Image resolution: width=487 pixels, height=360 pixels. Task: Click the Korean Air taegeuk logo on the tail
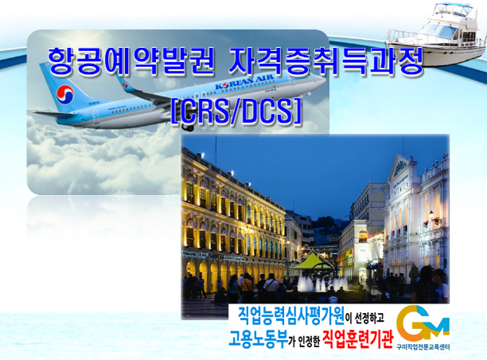coord(65,95)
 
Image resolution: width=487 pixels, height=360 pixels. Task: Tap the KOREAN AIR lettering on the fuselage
coord(245,82)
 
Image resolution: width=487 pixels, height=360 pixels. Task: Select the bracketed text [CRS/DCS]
coord(236,112)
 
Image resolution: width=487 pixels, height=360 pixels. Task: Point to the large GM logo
coord(423,323)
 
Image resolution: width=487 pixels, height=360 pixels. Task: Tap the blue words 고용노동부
coord(258,338)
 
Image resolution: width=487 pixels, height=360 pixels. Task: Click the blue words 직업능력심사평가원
coord(291,316)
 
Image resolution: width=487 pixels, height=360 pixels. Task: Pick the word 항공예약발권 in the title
coord(131,62)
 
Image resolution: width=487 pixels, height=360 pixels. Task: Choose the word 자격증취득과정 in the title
coord(325,62)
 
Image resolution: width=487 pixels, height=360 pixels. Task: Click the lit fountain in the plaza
coord(323,284)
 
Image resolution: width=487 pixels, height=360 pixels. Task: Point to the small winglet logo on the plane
coord(125,85)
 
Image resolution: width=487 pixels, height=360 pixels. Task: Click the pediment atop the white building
coord(400,167)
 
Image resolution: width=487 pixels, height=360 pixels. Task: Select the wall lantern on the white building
coord(431,214)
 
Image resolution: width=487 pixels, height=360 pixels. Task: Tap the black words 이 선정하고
coord(364,318)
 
